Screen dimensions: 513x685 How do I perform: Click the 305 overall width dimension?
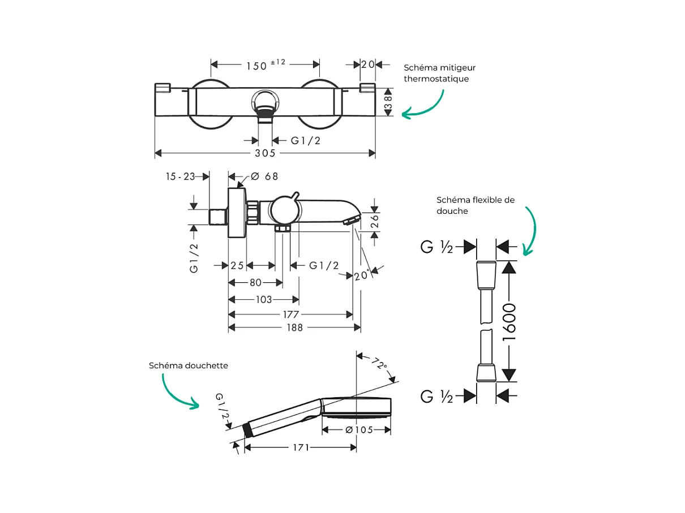pyautogui.click(x=264, y=153)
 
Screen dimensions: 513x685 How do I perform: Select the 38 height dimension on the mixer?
pyautogui.click(x=388, y=102)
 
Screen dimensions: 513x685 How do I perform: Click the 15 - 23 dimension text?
pyautogui.click(x=180, y=176)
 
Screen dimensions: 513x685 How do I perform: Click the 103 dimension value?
pyautogui.click(x=264, y=300)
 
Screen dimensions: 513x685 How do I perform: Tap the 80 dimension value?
pyautogui.click(x=255, y=283)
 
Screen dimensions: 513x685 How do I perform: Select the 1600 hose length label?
pyautogui.click(x=510, y=321)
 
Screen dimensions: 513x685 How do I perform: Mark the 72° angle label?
pyautogui.click(x=380, y=363)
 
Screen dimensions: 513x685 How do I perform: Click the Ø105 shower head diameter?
pyautogui.click(x=359, y=430)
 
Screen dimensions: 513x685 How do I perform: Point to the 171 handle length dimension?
pyautogui.click(x=301, y=447)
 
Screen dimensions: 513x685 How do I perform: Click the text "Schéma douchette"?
pyautogui.click(x=189, y=365)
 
